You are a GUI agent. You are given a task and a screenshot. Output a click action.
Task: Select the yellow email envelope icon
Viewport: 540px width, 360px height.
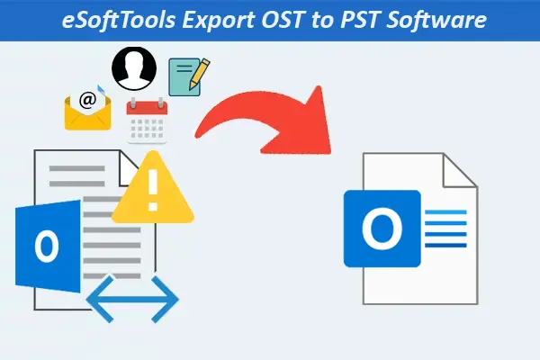(86, 111)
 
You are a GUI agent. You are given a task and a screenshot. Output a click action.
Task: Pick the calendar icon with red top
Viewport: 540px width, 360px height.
(147, 121)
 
